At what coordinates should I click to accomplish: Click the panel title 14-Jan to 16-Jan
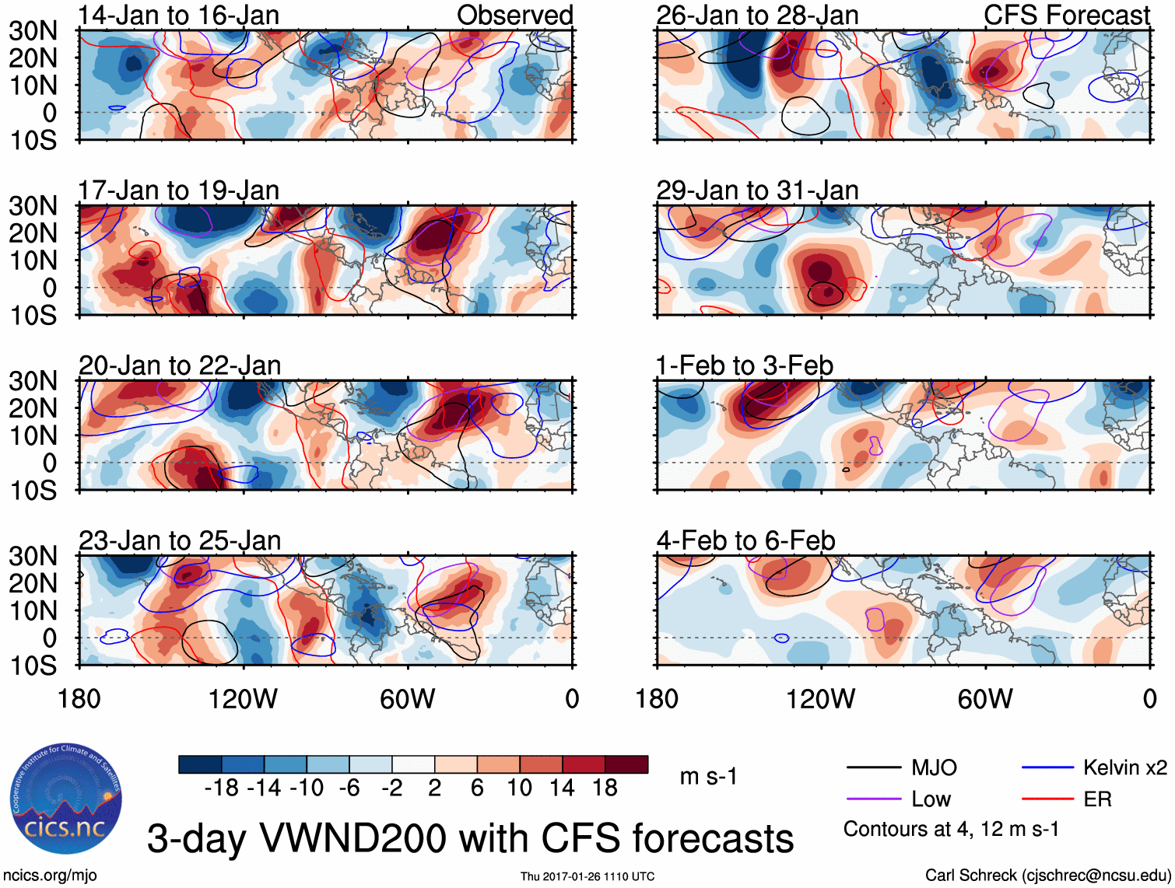tap(178, 15)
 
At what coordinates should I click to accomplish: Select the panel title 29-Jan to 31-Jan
tap(757, 190)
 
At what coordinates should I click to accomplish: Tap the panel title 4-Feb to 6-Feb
tap(745, 540)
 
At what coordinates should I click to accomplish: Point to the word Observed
tap(514, 15)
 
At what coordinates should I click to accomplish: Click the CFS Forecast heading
tap(1066, 15)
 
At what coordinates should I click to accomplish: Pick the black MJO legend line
tap(873, 768)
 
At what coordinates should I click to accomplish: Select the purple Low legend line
tap(873, 799)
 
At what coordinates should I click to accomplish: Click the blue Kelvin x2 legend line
tap(1047, 768)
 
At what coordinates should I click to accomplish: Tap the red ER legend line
tap(1047, 799)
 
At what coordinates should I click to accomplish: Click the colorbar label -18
tap(221, 788)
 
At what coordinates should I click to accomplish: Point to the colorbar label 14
tap(562, 788)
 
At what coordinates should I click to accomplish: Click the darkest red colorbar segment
tap(626, 764)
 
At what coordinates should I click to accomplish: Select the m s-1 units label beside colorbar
tap(708, 776)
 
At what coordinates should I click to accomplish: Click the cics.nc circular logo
tap(66, 798)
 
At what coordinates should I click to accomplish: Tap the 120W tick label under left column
tap(243, 699)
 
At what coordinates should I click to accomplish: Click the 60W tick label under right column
tap(985, 699)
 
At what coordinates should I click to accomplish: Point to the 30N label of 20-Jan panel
tap(33, 381)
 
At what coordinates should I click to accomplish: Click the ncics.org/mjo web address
tap(50, 876)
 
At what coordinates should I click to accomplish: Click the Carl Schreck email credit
tap(1047, 876)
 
